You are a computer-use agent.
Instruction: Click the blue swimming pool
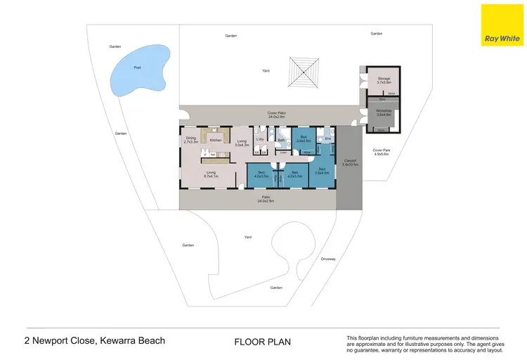coord(138,70)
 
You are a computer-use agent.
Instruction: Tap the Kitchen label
coord(216,140)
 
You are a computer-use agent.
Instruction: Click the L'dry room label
coord(259,140)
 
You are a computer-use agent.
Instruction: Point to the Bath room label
coord(280,140)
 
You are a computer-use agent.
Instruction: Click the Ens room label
coord(328,139)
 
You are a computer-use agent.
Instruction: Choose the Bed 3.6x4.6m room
coord(304,138)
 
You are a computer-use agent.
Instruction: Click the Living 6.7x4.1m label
coord(210,173)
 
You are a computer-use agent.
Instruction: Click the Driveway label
coord(328,259)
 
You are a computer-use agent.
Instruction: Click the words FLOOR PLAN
coord(262,342)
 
